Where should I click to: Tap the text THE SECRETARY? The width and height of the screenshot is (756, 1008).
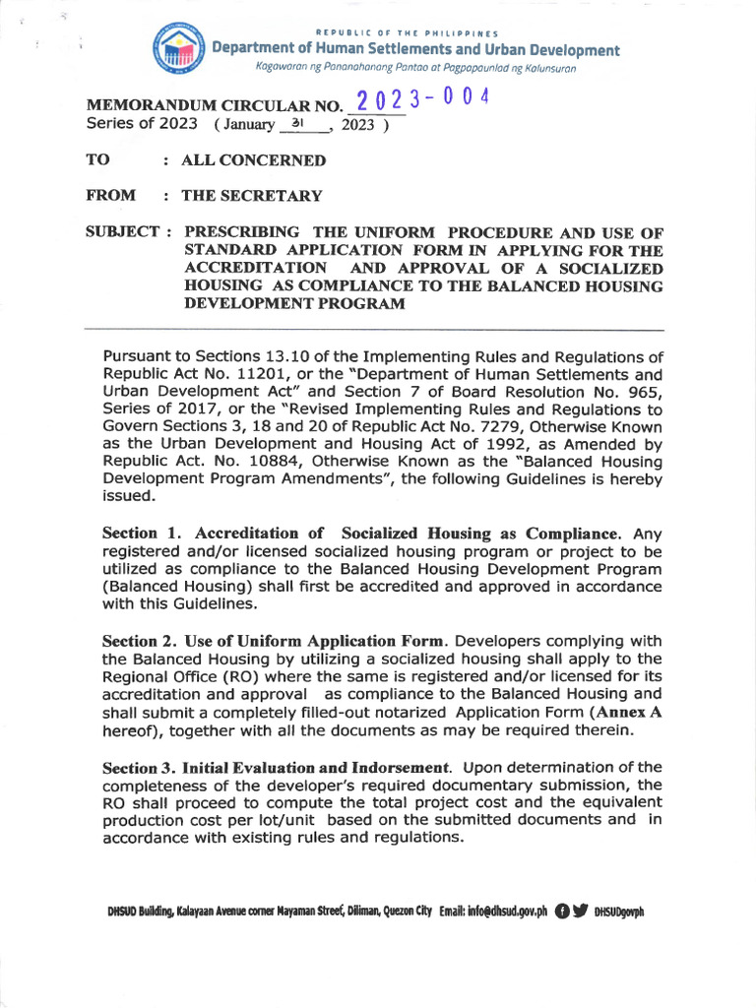point(251,195)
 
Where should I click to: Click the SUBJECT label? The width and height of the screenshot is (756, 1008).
point(123,232)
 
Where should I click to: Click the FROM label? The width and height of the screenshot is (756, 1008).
point(111,195)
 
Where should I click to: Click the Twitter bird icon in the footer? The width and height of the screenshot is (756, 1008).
point(580,912)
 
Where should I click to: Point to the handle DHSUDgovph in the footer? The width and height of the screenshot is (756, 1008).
point(619,913)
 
